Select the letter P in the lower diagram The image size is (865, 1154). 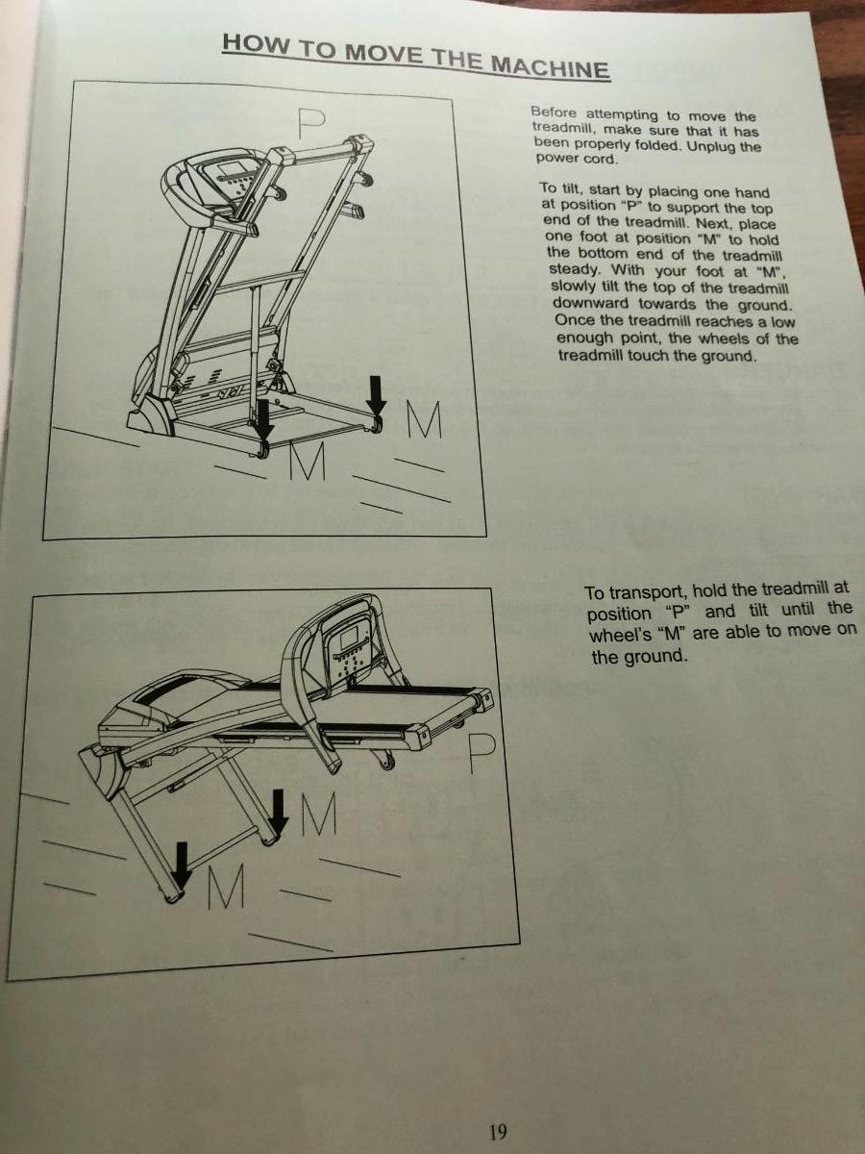(482, 753)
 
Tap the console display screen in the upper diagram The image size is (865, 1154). (230, 170)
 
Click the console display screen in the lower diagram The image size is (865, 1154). (350, 640)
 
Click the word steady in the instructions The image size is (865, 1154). (573, 270)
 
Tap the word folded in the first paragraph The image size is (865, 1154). (659, 144)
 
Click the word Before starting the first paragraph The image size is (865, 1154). (553, 113)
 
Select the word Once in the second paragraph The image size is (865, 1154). (573, 319)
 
